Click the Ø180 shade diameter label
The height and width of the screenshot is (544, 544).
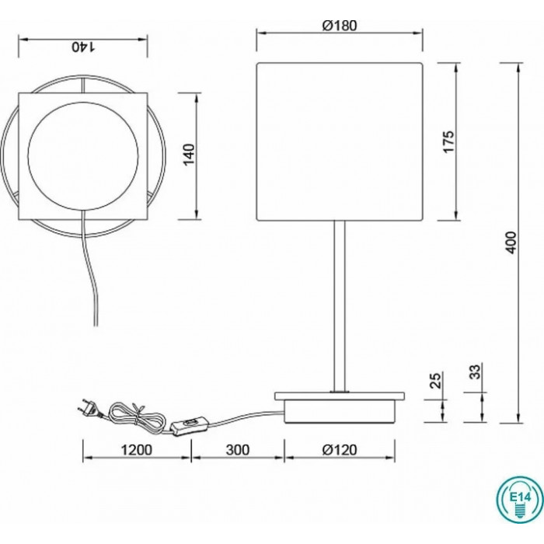pyautogui.click(x=340, y=26)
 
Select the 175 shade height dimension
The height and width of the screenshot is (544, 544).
pyautogui.click(x=448, y=141)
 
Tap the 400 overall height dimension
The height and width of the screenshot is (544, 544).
pyautogui.click(x=511, y=242)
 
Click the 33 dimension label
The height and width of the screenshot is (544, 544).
pyautogui.click(x=475, y=371)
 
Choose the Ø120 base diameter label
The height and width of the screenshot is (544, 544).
pyautogui.click(x=340, y=450)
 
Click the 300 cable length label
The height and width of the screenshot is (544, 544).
pyautogui.click(x=238, y=450)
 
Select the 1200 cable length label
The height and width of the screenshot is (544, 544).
pyautogui.click(x=136, y=450)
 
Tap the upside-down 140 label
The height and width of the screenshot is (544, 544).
pyautogui.click(x=83, y=47)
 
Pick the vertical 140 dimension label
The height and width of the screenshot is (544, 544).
pyautogui.click(x=189, y=155)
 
